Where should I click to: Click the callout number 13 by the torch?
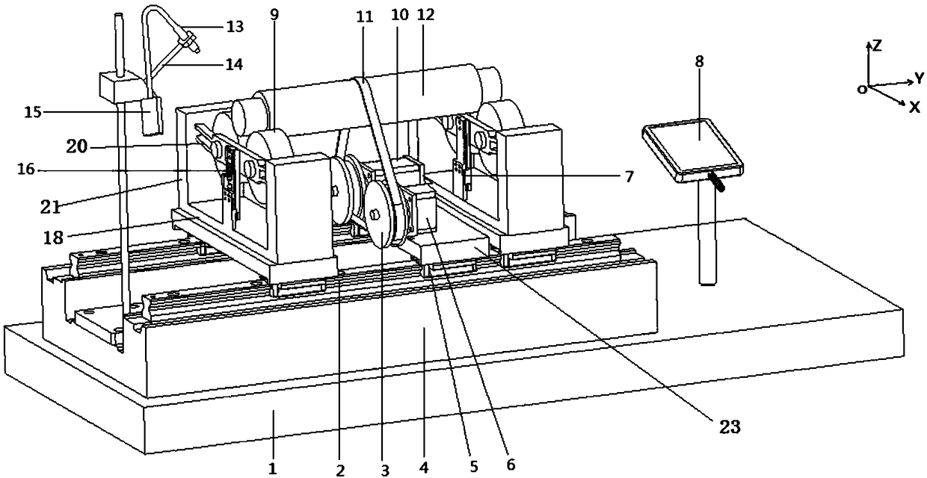[234, 26]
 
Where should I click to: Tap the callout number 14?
[234, 64]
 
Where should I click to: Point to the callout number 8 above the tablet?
[699, 61]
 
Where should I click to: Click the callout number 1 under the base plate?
[273, 469]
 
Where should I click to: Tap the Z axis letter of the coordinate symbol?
[878, 46]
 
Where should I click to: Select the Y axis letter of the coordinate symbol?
[920, 78]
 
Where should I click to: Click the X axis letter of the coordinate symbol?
[914, 107]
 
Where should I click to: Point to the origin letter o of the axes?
[862, 89]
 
